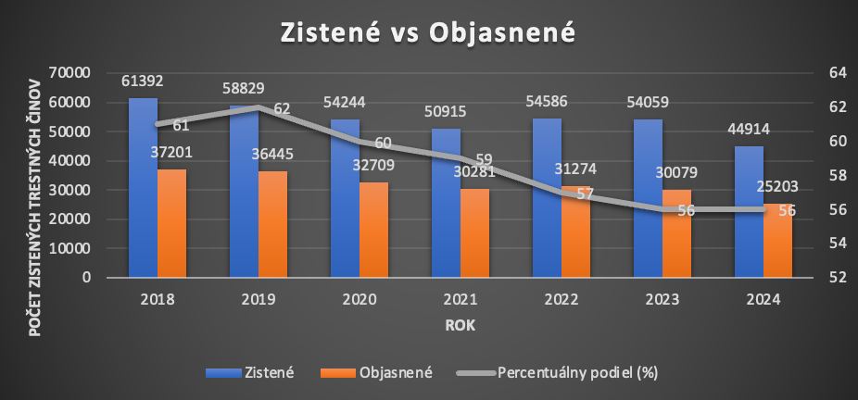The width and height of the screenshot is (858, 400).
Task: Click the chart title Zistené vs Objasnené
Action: pyautogui.click(x=428, y=32)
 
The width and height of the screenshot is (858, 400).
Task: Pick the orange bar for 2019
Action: pyautogui.click(x=272, y=223)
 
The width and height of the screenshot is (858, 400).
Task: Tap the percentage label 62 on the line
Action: pyautogui.click(x=282, y=108)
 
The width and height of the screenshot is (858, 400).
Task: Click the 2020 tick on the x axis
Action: pyautogui.click(x=359, y=299)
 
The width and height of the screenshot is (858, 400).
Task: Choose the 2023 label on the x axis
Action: pyautogui.click(x=662, y=299)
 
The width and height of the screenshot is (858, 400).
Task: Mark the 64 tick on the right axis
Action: pyautogui.click(x=826, y=73)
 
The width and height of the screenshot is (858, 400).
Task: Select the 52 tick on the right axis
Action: pyautogui.click(x=826, y=277)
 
